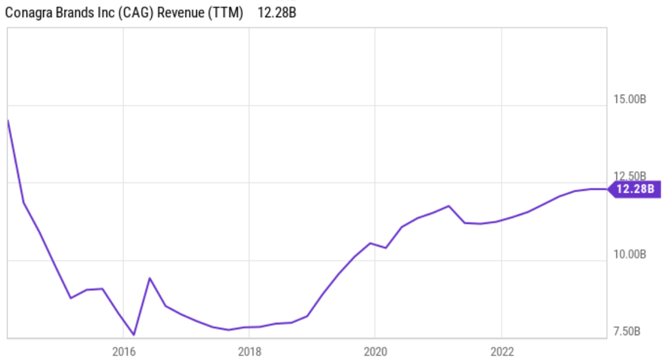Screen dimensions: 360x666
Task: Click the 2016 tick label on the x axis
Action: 122,351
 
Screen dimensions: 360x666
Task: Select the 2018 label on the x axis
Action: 249,351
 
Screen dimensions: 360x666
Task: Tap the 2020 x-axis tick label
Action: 375,351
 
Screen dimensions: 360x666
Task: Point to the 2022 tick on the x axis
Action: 501,351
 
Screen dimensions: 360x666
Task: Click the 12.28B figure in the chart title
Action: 277,13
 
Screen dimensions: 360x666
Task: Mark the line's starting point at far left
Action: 8,121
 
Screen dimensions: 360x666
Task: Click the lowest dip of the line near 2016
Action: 134,335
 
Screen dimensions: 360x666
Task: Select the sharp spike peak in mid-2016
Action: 150,278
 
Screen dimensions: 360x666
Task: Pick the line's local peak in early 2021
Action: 449,206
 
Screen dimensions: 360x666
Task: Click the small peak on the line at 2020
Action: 371,243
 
